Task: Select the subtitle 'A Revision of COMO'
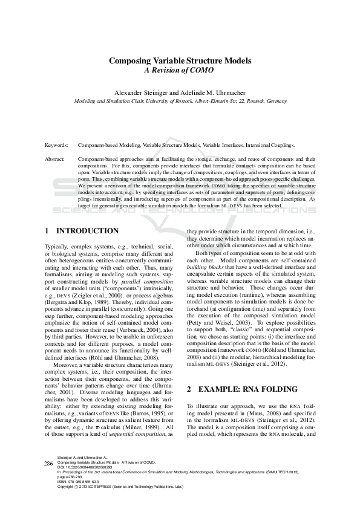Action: click(180, 70)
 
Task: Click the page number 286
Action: click(48, 479)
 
